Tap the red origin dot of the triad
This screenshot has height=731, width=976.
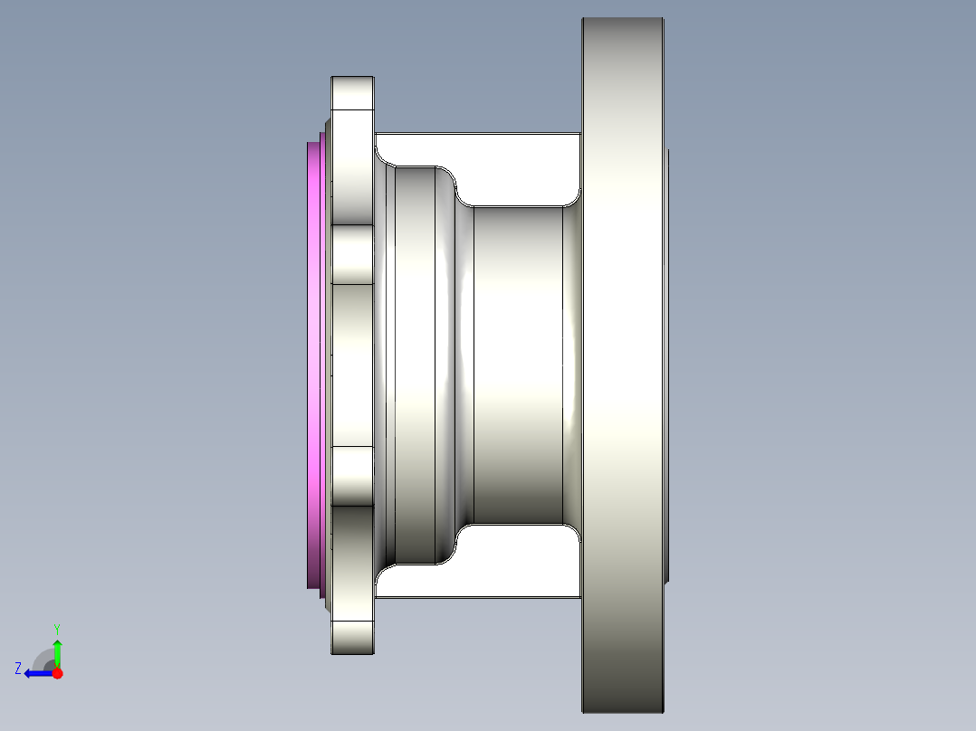click(x=57, y=673)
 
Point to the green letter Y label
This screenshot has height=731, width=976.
click(x=57, y=628)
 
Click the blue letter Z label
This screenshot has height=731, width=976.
click(x=17, y=668)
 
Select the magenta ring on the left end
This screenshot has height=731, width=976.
click(x=314, y=362)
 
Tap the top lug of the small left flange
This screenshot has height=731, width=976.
click(x=352, y=93)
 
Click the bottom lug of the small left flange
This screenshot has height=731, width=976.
click(x=352, y=637)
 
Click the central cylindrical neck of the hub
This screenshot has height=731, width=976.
click(x=516, y=362)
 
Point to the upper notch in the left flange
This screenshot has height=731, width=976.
click(x=352, y=254)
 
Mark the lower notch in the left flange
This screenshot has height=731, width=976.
click(x=352, y=476)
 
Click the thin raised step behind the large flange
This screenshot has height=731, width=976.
click(x=667, y=362)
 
